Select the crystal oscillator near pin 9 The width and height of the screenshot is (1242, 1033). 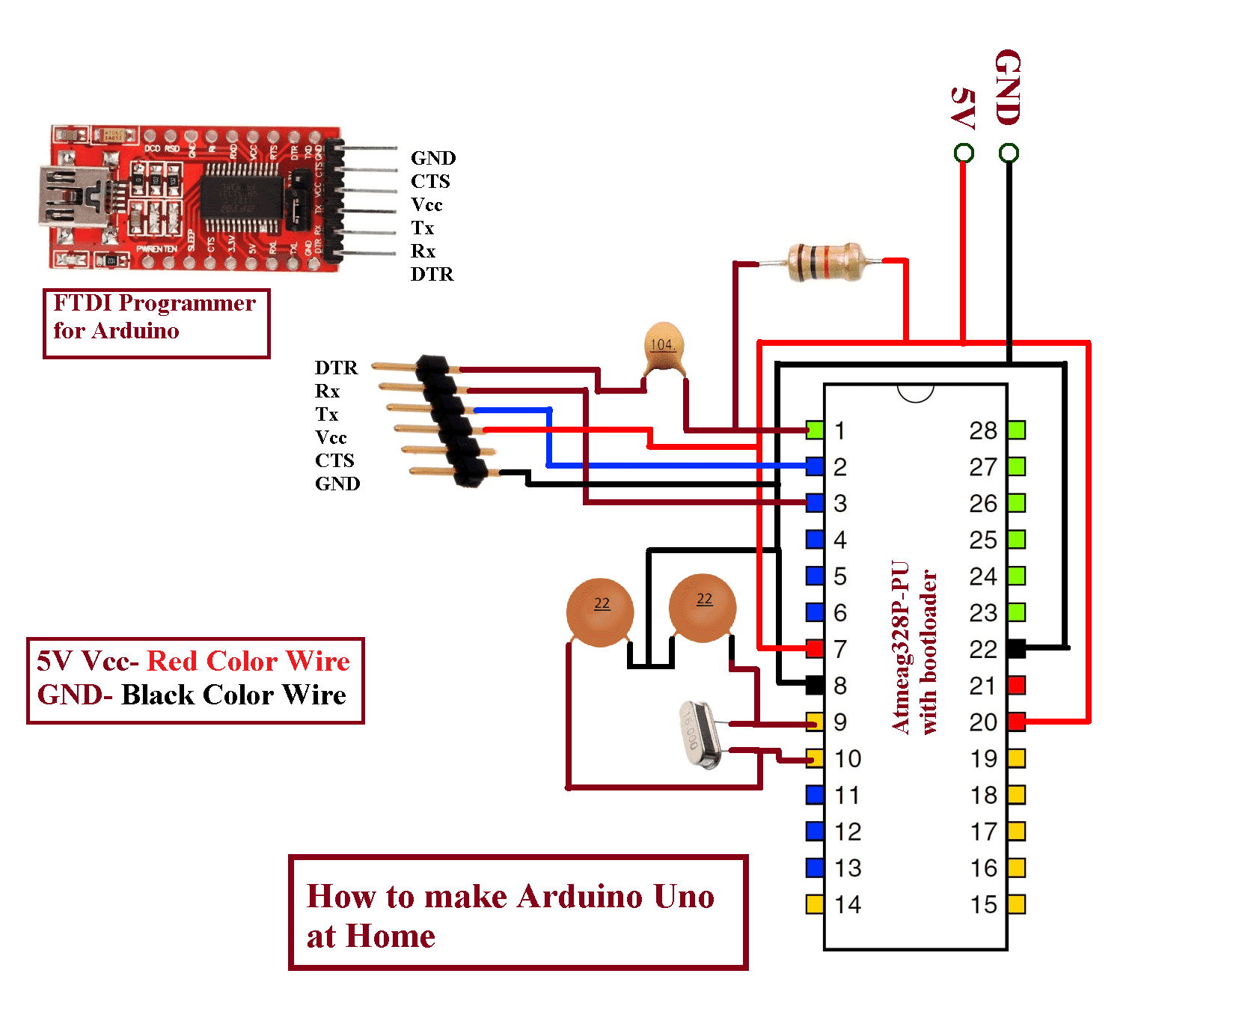coord(701,735)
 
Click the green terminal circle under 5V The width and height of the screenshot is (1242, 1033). coord(964,153)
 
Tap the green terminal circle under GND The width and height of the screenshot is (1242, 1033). coord(1009,153)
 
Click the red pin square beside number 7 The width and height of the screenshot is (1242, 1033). coord(815,648)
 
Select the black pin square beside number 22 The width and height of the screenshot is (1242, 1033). coord(1016,648)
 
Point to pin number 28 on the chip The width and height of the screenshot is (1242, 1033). coord(983,430)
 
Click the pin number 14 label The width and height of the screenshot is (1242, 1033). coord(848,904)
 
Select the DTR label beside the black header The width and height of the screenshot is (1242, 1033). coord(336,368)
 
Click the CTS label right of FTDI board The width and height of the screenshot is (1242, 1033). coord(430,181)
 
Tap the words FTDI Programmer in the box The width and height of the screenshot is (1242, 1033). coord(154,303)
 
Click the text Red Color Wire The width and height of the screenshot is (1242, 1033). coord(248,661)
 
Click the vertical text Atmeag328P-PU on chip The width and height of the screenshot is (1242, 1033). coord(900,647)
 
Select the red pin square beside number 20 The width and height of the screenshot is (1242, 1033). coord(1016,722)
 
